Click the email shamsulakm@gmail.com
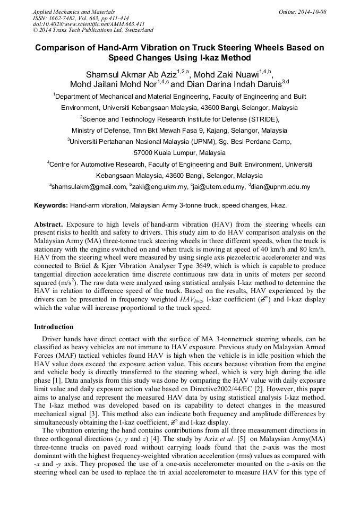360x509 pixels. tap(90, 187)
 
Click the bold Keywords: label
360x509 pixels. tap(51, 205)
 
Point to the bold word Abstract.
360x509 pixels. tap(48, 225)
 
